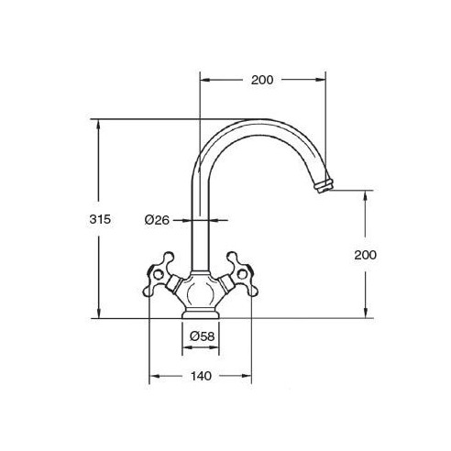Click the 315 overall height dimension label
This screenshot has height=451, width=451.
100,219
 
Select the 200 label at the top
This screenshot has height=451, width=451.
262,80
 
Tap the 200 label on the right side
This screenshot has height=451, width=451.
366,255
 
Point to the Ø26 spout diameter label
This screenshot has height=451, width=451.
157,220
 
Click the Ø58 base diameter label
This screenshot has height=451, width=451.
202,336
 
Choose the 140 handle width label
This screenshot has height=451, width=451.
201,376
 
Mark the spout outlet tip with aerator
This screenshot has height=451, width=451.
324,186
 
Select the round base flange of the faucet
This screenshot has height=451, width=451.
201,313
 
